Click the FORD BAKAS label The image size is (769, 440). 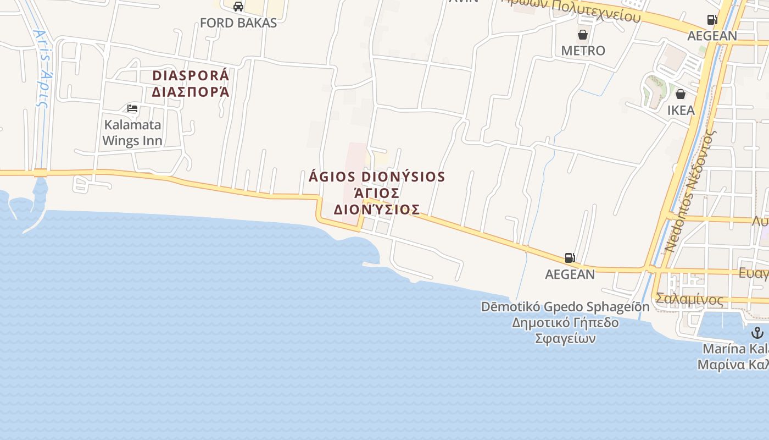[x=238, y=23]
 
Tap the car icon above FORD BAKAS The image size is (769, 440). [x=238, y=7]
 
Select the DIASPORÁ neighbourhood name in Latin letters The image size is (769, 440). [x=190, y=75]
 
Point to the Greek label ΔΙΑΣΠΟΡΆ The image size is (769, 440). [x=190, y=91]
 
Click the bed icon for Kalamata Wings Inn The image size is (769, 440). [x=132, y=108]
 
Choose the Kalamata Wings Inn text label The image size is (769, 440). [x=132, y=133]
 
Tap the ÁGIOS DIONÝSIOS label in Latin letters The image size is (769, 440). [x=377, y=177]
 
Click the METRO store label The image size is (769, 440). [x=583, y=51]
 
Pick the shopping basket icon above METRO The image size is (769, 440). [x=583, y=35]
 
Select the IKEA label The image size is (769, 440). [x=681, y=110]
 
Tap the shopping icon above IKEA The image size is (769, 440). [x=681, y=94]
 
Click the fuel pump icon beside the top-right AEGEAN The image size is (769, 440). [x=712, y=20]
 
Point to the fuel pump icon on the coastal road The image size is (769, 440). [x=570, y=258]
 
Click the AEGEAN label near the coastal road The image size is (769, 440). [x=570, y=274]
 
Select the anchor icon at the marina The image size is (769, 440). [x=757, y=333]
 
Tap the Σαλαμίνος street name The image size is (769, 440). [x=689, y=299]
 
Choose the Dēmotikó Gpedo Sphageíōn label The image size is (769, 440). [x=565, y=307]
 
